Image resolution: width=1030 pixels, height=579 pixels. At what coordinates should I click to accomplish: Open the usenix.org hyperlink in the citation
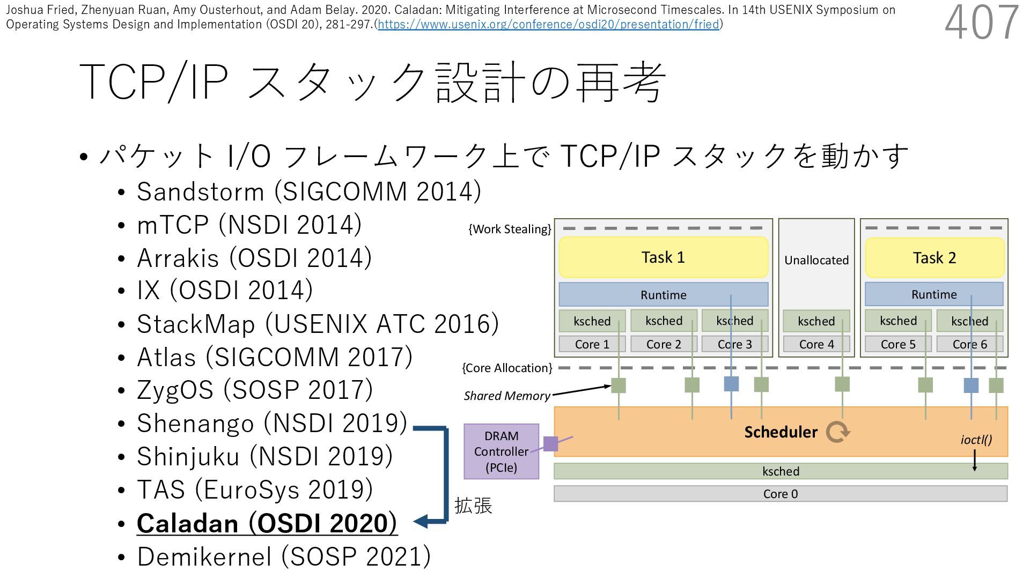click(548, 25)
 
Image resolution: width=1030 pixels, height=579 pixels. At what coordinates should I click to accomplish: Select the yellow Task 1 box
click(663, 257)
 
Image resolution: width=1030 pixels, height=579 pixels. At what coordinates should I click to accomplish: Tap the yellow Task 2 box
click(934, 258)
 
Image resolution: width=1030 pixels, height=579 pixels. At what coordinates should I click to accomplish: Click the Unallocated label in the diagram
click(816, 261)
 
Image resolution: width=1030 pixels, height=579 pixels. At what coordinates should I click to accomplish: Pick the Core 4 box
click(816, 344)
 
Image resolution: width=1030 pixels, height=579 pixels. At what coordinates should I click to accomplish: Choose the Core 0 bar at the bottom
click(780, 494)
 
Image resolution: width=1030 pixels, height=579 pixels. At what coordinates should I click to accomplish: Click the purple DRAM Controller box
click(501, 451)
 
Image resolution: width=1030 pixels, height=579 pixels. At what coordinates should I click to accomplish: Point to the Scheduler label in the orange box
click(781, 432)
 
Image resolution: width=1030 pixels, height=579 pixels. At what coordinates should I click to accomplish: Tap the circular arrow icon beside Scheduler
click(837, 432)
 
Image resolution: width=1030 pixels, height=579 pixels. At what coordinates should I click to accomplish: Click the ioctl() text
click(976, 440)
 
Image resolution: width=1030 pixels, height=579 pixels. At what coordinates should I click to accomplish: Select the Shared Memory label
click(506, 396)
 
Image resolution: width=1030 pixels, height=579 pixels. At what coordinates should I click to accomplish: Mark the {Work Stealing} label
click(510, 229)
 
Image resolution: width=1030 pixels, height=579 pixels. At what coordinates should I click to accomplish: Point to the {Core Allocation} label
click(507, 368)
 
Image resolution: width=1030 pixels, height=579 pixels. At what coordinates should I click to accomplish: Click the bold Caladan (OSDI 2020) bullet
click(267, 523)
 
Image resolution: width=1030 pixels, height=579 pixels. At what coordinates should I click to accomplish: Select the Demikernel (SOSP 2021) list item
click(284, 556)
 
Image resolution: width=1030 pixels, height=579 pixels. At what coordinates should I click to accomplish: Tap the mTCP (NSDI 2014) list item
click(249, 225)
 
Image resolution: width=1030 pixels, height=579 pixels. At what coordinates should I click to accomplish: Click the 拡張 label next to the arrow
click(473, 506)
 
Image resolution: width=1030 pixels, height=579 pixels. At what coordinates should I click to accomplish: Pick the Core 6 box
click(969, 344)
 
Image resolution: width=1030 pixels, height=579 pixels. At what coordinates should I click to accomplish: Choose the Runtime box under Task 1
click(663, 295)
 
